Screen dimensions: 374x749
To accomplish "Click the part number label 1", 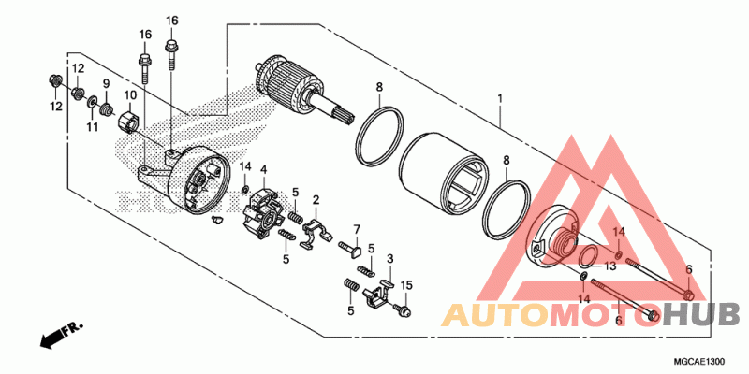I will (x=501, y=97).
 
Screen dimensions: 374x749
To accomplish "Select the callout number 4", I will (x=264, y=169).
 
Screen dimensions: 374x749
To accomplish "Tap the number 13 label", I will (x=609, y=266).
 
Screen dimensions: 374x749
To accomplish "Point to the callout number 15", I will (x=406, y=284).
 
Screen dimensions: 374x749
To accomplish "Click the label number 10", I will (x=130, y=94).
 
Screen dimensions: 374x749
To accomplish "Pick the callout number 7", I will (x=356, y=229).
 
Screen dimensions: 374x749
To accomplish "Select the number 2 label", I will (x=316, y=199).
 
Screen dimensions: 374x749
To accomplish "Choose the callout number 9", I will (x=106, y=84).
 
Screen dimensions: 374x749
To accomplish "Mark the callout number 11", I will (x=93, y=126).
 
